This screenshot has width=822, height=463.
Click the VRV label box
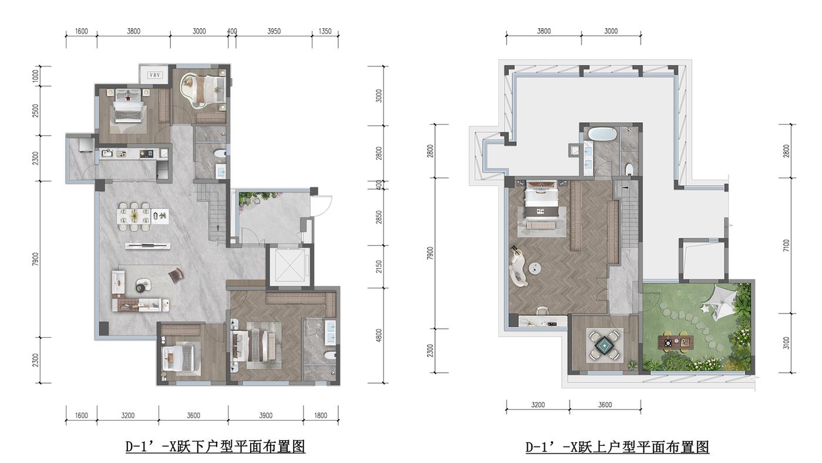(x=154, y=75)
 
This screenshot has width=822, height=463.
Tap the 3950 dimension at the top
(x=274, y=31)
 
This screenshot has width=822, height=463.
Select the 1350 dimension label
(x=325, y=31)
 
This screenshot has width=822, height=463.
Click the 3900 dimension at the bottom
(x=265, y=415)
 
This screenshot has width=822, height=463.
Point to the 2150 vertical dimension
(x=379, y=267)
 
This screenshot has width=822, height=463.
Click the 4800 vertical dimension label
(x=379, y=335)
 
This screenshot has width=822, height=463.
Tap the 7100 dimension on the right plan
(x=786, y=245)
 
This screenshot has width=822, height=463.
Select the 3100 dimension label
(x=786, y=343)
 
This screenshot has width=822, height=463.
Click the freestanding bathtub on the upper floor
(x=602, y=134)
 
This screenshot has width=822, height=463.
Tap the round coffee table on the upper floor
(x=535, y=269)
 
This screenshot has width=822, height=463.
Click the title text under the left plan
(x=215, y=447)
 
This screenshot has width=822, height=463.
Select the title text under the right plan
(x=617, y=447)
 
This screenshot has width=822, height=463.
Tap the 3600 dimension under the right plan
(x=605, y=405)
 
